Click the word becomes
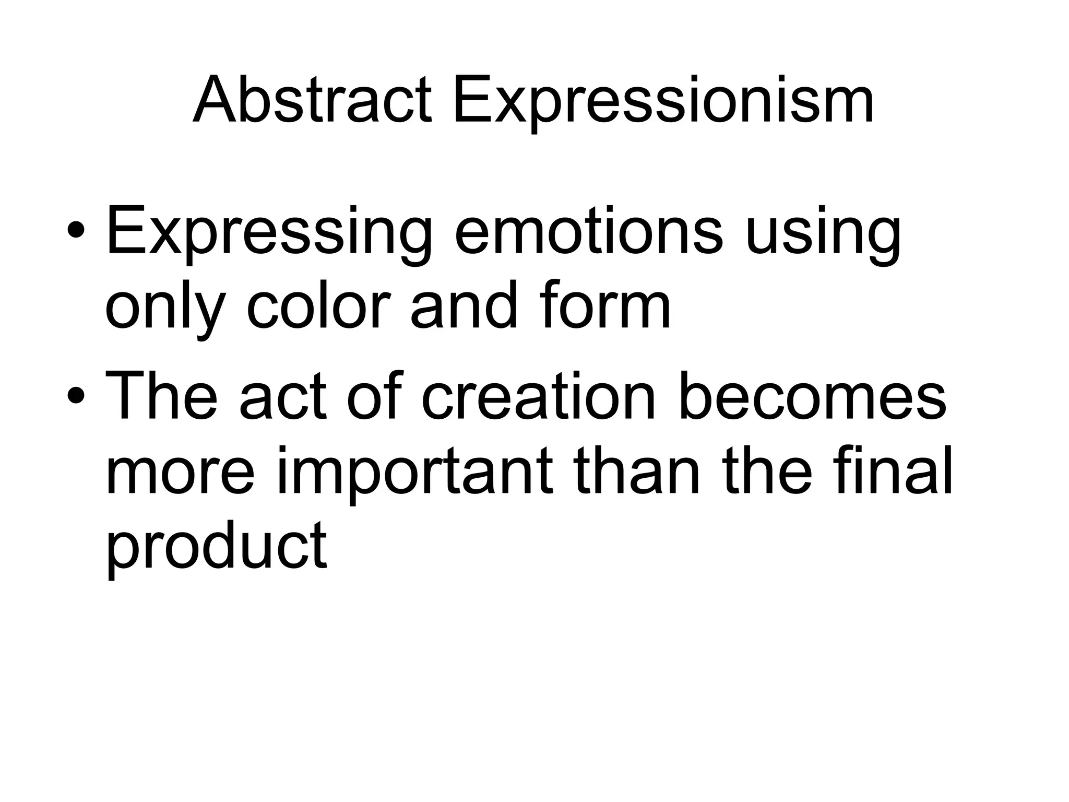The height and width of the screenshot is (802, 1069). (x=812, y=395)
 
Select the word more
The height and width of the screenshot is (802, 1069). (x=181, y=473)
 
